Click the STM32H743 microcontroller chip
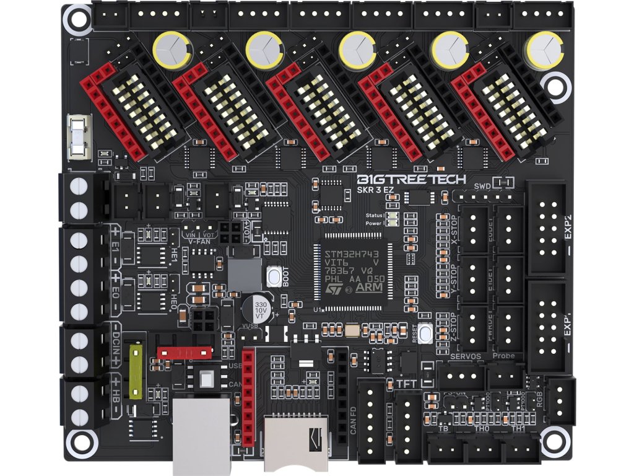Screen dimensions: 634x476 coord(356,272)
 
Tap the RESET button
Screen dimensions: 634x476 coord(425,333)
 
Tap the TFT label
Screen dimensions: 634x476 coord(406,384)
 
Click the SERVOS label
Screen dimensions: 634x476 coord(466,356)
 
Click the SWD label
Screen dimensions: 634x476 coord(481,187)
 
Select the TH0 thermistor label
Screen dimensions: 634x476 coord(481,428)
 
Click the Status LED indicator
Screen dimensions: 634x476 coord(391,215)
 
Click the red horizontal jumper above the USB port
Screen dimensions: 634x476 coord(181,352)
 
